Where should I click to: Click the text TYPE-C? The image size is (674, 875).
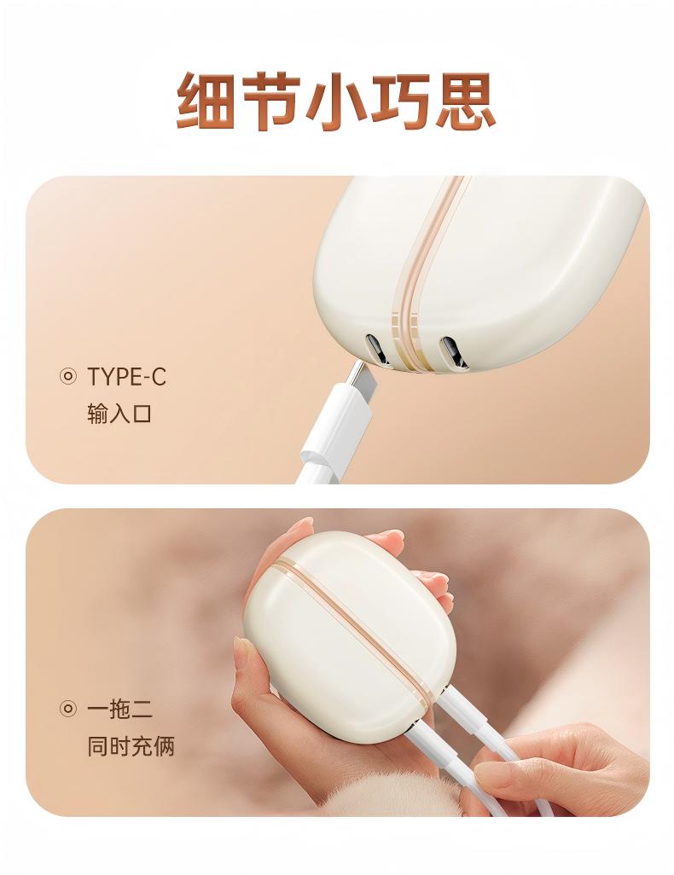coord(127,377)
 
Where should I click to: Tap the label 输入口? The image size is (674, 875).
coord(119,414)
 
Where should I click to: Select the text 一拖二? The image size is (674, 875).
coord(119,709)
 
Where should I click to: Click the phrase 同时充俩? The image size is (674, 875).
coord(131,746)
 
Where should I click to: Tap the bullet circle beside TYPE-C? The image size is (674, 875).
coord(67,377)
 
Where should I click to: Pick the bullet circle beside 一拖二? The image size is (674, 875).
coord(67,709)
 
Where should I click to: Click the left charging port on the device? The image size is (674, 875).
coord(376,350)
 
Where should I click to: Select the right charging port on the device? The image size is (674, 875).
coord(453,352)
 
